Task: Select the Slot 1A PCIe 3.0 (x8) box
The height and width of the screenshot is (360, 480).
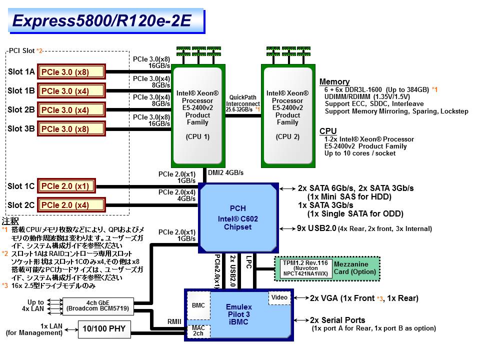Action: (x=71, y=72)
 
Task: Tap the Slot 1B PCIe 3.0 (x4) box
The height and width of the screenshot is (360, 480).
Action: (x=71, y=91)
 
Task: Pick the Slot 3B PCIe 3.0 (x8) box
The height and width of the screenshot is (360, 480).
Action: (x=71, y=128)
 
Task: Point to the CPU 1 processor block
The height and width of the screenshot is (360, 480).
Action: (x=197, y=115)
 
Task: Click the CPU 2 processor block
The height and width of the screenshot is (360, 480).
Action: (x=287, y=115)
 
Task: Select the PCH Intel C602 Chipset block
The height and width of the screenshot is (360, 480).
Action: (x=238, y=218)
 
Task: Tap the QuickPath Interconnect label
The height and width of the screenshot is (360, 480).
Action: (x=243, y=103)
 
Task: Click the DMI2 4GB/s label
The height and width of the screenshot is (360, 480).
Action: (x=225, y=172)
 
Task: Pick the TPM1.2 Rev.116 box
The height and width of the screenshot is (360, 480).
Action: (x=302, y=268)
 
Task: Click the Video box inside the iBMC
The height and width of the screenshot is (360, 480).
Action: (x=279, y=298)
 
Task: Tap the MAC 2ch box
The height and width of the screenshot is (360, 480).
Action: (x=198, y=330)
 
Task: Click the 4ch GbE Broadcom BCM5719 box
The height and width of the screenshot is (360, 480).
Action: (x=98, y=305)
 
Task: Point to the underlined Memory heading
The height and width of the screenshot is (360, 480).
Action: (x=334, y=82)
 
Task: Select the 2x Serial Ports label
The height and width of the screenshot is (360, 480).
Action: (x=337, y=320)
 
